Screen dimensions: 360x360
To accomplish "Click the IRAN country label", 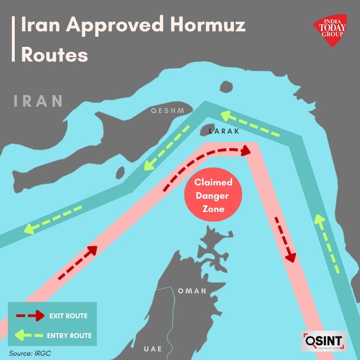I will tap(38, 101).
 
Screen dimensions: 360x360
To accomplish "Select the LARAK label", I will tap(224, 131).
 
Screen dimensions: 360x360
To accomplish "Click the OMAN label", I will tap(192, 291).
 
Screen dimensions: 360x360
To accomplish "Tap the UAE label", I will tap(153, 348).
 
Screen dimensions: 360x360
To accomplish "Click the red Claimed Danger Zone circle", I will tap(214, 196).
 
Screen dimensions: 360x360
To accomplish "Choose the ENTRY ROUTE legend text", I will tap(69, 335).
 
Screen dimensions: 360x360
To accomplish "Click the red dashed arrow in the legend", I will tap(29, 316).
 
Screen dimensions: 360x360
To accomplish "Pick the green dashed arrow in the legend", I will tap(29, 335).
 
